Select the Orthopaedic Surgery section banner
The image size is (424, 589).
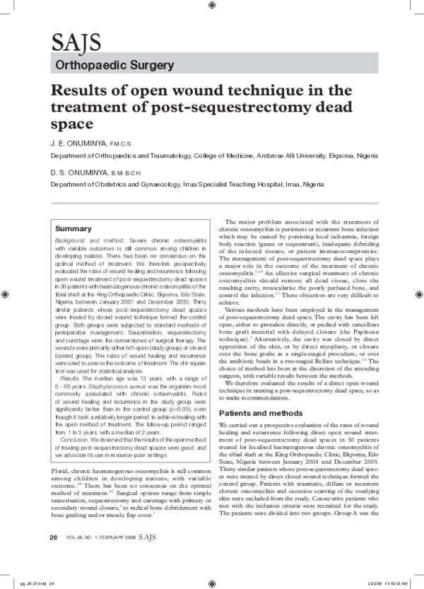114,66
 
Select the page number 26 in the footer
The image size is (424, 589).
53,556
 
